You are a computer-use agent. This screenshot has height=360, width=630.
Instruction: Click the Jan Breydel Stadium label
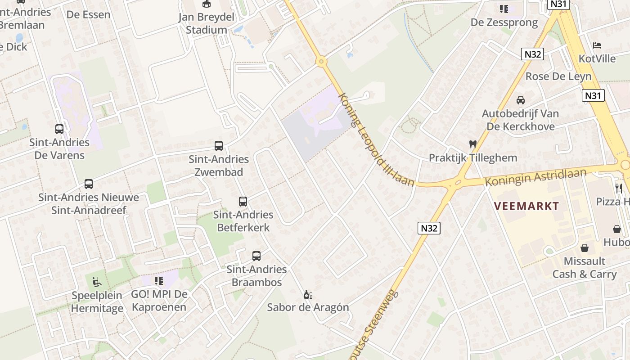206,23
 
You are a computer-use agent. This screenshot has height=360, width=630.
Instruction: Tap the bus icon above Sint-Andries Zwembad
219,146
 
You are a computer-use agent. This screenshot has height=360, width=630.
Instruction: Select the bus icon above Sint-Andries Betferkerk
243,201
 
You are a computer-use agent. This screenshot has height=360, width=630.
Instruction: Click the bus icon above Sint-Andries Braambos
256,256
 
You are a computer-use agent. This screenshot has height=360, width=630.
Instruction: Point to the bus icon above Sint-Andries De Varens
59,129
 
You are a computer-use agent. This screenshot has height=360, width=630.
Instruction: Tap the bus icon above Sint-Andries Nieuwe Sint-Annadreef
89,184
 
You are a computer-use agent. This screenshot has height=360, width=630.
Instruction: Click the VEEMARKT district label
526,207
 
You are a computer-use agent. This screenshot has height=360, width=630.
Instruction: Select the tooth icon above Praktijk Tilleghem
472,144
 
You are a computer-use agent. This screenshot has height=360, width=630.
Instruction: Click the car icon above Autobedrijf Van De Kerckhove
521,100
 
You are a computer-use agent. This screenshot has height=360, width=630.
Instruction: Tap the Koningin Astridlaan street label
535,177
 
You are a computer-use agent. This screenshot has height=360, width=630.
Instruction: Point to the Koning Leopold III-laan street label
375,140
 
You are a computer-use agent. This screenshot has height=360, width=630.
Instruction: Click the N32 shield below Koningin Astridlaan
429,228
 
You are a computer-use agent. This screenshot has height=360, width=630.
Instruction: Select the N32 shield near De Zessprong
533,54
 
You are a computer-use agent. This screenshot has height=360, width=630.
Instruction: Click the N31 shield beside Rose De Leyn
593,95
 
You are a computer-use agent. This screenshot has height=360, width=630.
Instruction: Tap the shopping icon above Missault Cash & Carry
585,248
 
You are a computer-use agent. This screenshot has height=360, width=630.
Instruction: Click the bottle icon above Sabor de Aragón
308,295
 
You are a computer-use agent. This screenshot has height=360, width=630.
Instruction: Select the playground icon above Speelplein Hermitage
97,282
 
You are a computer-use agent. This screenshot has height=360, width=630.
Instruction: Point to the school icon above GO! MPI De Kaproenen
159,281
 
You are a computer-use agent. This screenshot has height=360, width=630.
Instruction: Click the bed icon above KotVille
597,45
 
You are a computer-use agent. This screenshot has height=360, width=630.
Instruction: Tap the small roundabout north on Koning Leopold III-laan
321,61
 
